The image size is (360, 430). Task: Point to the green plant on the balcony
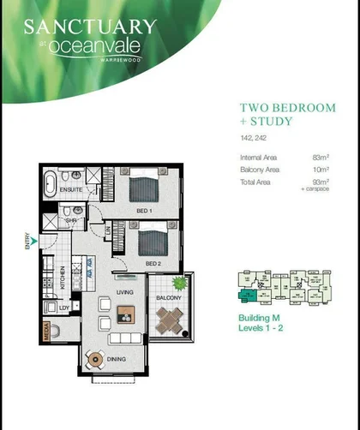coord(179,284)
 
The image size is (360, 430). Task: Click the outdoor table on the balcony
coord(171,322)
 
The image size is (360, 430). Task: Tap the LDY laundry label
coord(63,306)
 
